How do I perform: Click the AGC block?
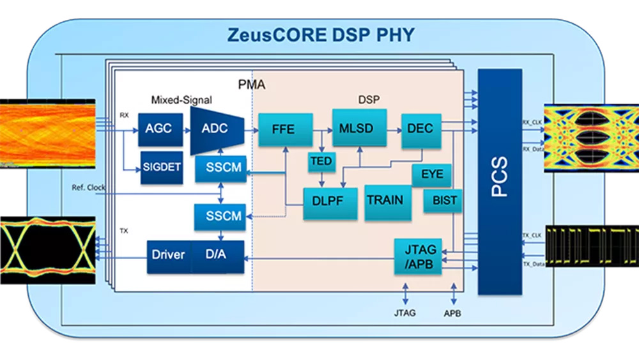click(x=158, y=128)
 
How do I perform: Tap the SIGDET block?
click(x=162, y=167)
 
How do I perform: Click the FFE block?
click(x=283, y=130)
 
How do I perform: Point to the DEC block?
click(x=420, y=129)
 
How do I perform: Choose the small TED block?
click(x=321, y=162)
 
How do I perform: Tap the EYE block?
click(x=432, y=175)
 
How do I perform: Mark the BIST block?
click(x=445, y=201)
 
